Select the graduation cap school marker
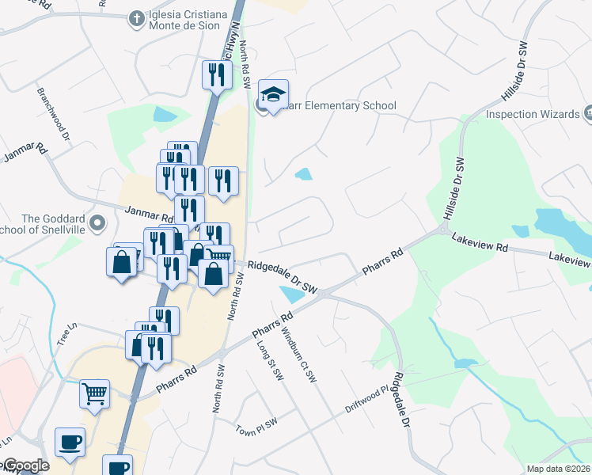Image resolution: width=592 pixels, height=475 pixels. tap(273, 95)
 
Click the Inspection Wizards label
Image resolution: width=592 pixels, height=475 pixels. tap(532, 114)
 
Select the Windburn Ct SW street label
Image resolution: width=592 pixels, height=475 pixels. tap(298, 355)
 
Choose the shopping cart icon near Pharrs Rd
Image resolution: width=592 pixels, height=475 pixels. tap(94, 392)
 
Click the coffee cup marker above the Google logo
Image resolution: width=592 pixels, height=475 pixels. tap(70, 442)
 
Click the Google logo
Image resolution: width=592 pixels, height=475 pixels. tap(25, 465)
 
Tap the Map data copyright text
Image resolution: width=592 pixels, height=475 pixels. tap(558, 469)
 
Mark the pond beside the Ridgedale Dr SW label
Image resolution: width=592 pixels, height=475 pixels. tap(290, 294)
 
